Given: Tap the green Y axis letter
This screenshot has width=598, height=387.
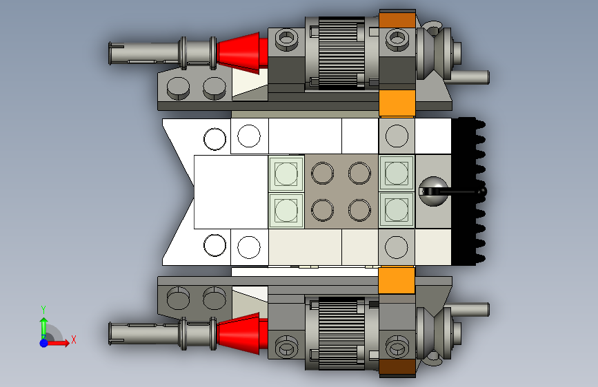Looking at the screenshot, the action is coord(43,310).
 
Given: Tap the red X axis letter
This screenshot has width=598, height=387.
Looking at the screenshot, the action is coord(74,339).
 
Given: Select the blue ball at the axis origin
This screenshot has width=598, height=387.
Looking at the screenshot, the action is coord(44,343).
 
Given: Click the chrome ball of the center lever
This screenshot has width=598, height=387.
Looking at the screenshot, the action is coord(433,191).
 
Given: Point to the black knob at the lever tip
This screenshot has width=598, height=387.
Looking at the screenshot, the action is coord(482,191).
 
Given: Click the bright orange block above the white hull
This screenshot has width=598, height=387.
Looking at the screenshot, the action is coord(397,103).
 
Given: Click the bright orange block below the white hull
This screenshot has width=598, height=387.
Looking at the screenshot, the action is coord(397,280).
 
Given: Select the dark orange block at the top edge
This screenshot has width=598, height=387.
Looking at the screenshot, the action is coord(397,20).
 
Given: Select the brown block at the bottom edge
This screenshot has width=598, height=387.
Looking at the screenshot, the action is coord(397,366).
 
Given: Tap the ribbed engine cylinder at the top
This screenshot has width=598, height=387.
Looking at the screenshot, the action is coord(341,53).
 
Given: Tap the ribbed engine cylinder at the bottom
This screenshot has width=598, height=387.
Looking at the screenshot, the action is coord(341,333).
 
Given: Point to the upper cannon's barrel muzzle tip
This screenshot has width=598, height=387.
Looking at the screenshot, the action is coord(110,53).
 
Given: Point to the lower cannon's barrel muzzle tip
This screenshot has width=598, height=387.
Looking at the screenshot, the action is coord(110,334).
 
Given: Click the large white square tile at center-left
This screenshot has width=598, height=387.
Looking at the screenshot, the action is coord(231,192).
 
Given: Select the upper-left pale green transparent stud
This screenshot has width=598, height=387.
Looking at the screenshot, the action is coord(286,174).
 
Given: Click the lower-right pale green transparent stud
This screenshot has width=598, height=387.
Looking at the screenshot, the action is coord(397,210).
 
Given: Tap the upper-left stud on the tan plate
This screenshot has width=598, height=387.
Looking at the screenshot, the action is coord(323,173).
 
